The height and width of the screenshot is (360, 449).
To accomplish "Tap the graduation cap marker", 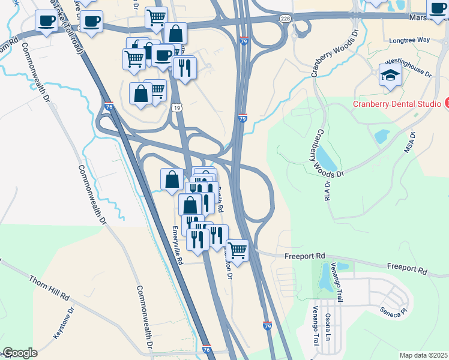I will [x=391, y=76].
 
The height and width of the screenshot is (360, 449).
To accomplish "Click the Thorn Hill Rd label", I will [x=49, y=288].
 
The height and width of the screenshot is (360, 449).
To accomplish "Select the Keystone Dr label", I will [x=63, y=323].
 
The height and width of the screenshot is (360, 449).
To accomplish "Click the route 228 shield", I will [x=286, y=19].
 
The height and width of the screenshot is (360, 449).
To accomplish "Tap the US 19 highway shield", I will [x=175, y=108].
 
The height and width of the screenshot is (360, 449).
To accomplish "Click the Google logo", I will [x=20, y=353].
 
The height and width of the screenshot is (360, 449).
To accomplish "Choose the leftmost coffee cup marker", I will [x=45, y=22].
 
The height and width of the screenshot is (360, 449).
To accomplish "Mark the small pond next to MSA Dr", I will [x=382, y=136].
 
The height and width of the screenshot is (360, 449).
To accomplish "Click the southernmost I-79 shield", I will [x=268, y=326].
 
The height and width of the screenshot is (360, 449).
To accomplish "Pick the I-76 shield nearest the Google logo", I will [x=206, y=349].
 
